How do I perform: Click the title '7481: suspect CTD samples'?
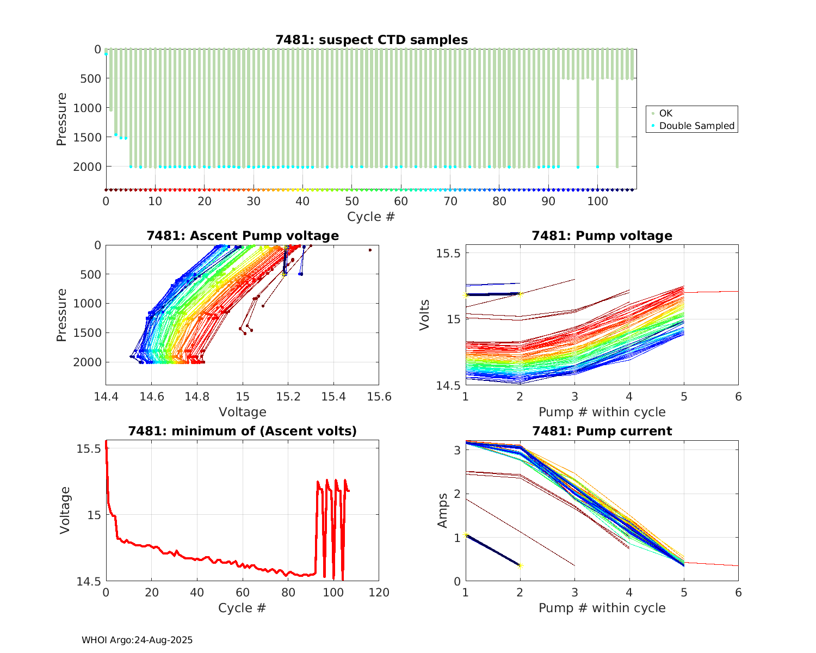pyautogui.click(x=372, y=40)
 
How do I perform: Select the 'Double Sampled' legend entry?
pyautogui.click(x=697, y=126)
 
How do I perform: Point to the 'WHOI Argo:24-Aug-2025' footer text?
pyautogui.click(x=137, y=640)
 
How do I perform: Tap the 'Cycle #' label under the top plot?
pyautogui.click(x=371, y=217)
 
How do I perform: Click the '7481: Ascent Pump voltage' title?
pyautogui.click(x=243, y=236)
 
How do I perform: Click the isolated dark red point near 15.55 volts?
pyautogui.click(x=370, y=250)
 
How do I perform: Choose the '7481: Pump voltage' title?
pyautogui.click(x=602, y=236)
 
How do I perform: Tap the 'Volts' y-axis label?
pyautogui.click(x=425, y=315)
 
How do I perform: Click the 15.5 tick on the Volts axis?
pyautogui.click(x=449, y=254)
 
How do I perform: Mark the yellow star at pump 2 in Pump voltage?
pyautogui.click(x=521, y=294)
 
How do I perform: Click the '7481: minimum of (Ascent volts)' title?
pyautogui.click(x=243, y=431)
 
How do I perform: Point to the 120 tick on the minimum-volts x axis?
pyautogui.click(x=379, y=593)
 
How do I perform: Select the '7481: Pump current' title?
pyautogui.click(x=602, y=431)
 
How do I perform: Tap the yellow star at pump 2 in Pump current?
pyautogui.click(x=520, y=566)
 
